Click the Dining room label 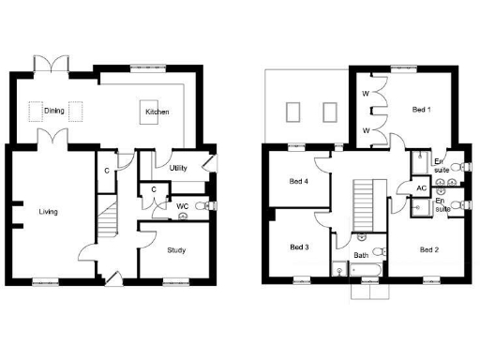[53, 112]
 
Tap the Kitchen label [156, 112]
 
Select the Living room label [48, 212]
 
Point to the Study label [176, 249]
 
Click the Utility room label [178, 169]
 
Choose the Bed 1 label [422, 110]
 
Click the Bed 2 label [428, 249]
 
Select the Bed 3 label [299, 247]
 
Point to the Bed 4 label [300, 181]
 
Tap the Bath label [361, 255]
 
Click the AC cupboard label [422, 188]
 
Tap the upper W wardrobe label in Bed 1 [366, 95]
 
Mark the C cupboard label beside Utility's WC [153, 190]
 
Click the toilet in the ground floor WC [181, 213]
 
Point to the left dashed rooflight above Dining [38, 112]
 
